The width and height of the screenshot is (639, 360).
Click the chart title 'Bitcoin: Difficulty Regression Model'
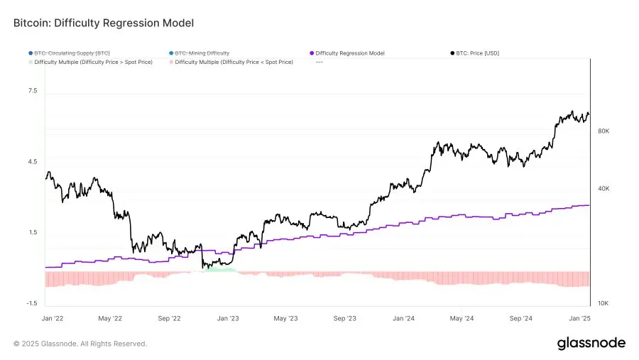coord(104,23)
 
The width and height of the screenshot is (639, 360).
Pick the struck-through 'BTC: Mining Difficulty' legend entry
coord(201,53)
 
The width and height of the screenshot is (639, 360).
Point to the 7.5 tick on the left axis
coord(33,92)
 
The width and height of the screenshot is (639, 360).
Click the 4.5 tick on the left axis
coord(33,162)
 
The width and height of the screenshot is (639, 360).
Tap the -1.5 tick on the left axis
coord(32,303)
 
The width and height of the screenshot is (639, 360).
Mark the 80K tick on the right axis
coord(603,131)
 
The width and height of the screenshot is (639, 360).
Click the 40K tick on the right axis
coord(603,188)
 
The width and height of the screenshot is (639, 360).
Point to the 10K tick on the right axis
coord(603,303)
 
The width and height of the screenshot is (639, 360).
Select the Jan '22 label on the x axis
coord(53,319)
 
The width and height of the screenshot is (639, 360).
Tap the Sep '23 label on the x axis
coord(344,319)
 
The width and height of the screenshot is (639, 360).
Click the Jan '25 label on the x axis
coord(580,319)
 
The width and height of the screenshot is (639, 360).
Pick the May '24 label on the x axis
coord(461,319)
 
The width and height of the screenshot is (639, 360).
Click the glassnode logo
coord(591,343)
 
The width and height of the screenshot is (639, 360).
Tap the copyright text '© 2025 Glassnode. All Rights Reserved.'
coord(80,344)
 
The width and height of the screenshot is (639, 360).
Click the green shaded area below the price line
coord(220,270)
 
